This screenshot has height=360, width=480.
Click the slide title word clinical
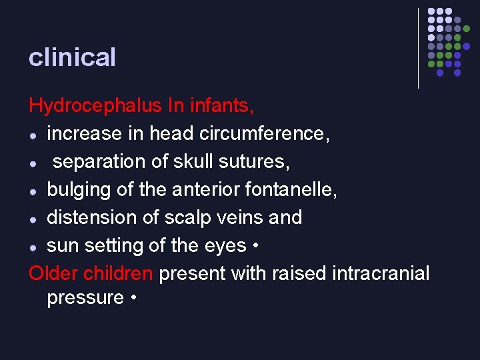click(72, 57)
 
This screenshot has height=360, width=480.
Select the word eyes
click(225, 246)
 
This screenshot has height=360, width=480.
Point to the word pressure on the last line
click(85, 297)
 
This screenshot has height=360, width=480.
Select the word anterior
click(199, 190)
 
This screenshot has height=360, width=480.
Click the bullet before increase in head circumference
click(33, 135)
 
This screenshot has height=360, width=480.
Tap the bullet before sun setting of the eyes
click(33, 247)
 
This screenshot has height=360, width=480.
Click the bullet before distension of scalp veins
click(33, 219)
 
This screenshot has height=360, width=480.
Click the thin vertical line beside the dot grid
click(418, 48)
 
